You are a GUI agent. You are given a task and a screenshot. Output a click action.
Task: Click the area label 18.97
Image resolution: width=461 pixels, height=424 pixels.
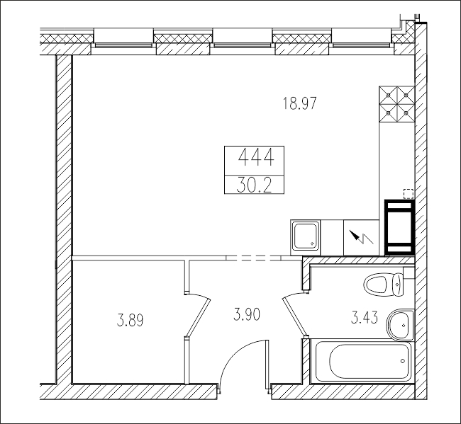click(299, 103)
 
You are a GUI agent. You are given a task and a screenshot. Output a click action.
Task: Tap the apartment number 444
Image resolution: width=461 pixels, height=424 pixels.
click(256, 158)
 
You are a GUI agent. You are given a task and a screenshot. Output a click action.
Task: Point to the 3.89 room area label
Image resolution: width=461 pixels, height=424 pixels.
click(130, 320)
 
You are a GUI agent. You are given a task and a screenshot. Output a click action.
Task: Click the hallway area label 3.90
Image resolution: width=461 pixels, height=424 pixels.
click(247, 314)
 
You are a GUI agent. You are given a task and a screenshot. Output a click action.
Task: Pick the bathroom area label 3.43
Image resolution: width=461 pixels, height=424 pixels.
click(365, 318)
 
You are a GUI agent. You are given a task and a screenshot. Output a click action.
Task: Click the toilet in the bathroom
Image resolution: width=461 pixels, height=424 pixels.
click(384, 284)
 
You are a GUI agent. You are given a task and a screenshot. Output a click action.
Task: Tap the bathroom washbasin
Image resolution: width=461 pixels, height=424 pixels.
click(399, 325)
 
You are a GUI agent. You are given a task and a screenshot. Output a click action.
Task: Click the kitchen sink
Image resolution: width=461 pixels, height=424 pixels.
click(306, 237)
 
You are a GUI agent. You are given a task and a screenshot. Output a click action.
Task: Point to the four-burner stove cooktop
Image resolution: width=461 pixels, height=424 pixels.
click(397, 104)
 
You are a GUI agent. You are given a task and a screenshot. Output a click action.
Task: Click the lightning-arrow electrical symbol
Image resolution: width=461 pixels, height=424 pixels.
click(361, 237)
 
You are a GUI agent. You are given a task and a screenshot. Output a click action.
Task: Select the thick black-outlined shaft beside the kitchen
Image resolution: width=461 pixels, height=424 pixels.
click(399, 227)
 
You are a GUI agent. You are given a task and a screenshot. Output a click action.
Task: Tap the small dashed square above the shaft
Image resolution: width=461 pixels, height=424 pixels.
click(409, 194)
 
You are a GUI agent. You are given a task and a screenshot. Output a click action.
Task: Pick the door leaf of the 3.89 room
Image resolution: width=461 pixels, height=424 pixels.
click(198, 317)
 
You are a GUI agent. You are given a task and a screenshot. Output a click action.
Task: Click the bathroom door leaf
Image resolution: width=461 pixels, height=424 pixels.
click(295, 316)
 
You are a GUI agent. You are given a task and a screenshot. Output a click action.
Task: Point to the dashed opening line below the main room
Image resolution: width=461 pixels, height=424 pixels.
click(254, 258)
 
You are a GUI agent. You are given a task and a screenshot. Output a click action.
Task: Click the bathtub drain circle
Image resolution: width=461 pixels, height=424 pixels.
click(403, 361)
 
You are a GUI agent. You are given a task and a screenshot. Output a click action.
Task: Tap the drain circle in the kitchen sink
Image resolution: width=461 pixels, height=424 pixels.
click(312, 243)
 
